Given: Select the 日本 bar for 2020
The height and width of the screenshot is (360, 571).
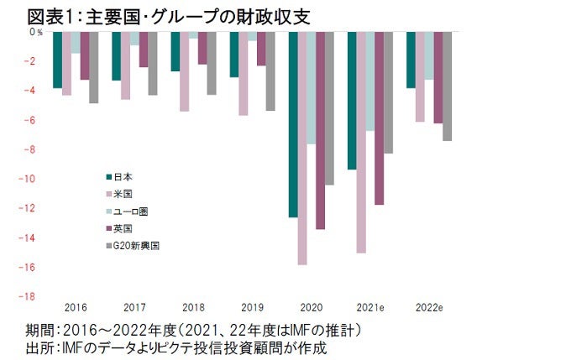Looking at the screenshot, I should click(293, 124).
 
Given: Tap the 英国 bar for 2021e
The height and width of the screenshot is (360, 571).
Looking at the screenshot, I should click(379, 118).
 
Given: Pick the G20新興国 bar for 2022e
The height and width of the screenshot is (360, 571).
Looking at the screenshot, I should click(447, 86).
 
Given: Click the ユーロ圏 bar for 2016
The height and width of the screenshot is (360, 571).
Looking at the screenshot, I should click(76, 43).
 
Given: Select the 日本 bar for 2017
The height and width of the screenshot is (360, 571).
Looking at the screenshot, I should click(116, 56).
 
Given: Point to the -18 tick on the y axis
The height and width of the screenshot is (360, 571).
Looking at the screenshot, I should click(29, 296).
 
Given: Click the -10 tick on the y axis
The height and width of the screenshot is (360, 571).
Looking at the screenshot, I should click(29, 179).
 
